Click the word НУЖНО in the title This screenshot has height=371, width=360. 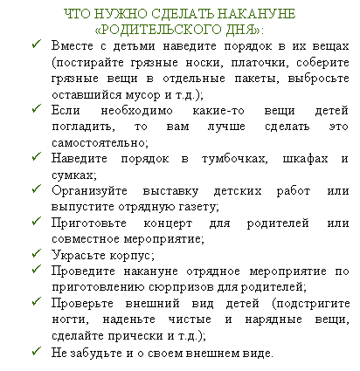(121, 14)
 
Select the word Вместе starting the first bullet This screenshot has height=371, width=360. (73, 46)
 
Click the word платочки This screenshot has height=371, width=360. (260, 63)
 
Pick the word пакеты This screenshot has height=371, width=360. (257, 79)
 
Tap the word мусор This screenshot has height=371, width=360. (142, 95)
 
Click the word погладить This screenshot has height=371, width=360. (83, 127)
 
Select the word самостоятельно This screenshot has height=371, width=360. (100, 143)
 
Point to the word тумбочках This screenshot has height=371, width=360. (234, 159)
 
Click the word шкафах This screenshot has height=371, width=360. (305, 159)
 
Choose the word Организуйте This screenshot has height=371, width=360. (89, 191)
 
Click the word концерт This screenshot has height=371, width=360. (168, 223)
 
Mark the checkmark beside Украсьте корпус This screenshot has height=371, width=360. (37, 253)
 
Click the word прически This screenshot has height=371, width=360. (136, 336)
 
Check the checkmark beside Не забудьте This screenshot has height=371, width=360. (37, 351)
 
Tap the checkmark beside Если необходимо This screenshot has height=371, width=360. (37, 108)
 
